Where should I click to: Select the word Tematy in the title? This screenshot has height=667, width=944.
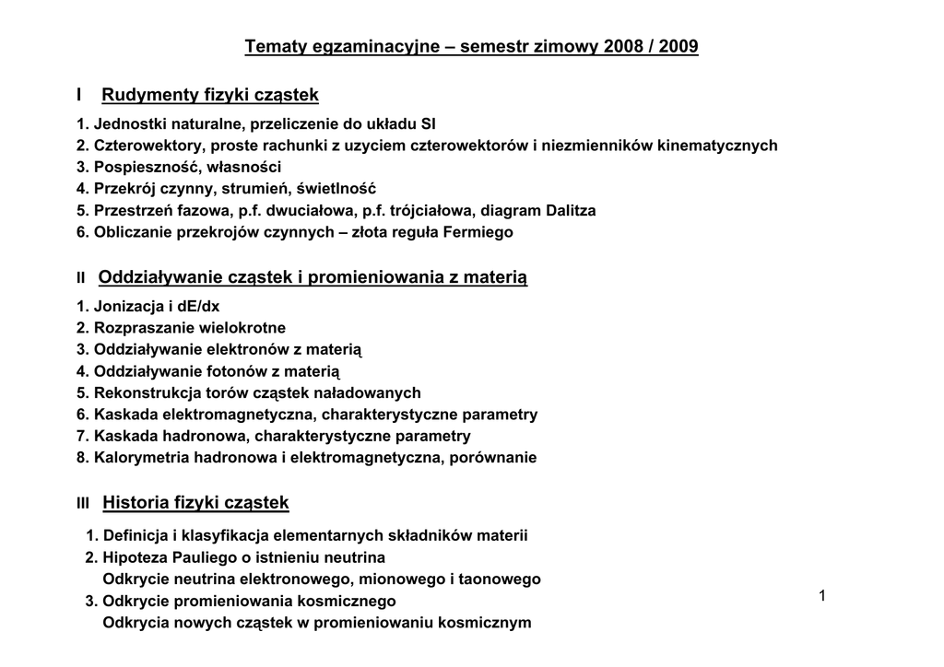(x=272, y=46)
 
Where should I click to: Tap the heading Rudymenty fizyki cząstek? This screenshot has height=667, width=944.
(x=210, y=95)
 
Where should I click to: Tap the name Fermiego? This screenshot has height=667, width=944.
(x=477, y=233)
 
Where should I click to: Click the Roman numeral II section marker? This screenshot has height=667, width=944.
(x=81, y=278)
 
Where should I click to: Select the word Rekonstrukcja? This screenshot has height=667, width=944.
(x=140, y=393)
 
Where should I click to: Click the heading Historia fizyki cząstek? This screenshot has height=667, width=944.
(x=195, y=503)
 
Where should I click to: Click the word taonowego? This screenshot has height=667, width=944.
(x=503, y=579)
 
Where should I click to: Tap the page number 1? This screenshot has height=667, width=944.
(x=820, y=597)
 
